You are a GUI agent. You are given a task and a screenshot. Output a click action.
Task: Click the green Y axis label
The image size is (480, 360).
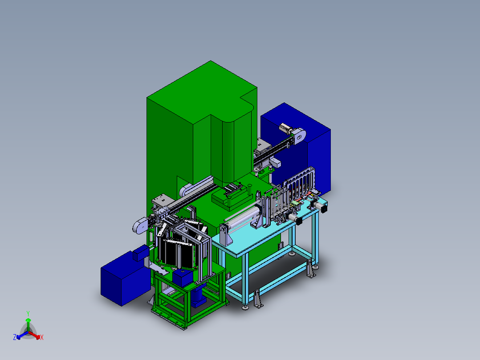point(28,313)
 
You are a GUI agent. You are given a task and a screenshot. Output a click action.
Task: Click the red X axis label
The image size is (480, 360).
point(42,337)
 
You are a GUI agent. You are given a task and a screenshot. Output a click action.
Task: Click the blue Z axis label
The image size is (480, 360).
point(15,337)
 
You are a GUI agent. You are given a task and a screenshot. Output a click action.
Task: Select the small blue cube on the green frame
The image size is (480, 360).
point(183,277)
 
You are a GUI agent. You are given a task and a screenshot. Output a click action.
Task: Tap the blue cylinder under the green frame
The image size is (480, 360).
point(199,296)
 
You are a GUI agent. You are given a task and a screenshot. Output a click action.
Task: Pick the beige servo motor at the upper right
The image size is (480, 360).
point(285,128)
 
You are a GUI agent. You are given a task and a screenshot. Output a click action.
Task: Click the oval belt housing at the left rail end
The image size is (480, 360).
point(140,225)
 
